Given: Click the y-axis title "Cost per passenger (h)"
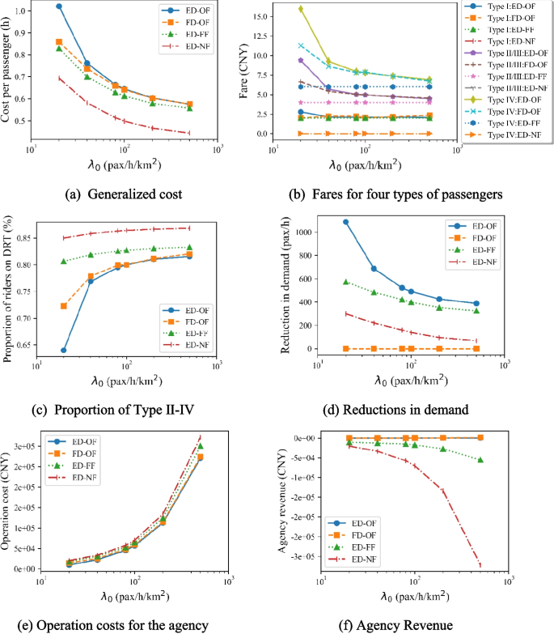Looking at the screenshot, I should point(9,74).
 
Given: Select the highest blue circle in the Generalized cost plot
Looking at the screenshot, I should point(59,6).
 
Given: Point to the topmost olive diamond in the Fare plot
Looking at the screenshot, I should point(301,9).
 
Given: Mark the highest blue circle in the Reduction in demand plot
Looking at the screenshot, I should point(346,222).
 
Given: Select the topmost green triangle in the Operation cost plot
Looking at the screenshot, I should point(200,446).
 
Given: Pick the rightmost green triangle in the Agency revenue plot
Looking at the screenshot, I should point(480,460).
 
